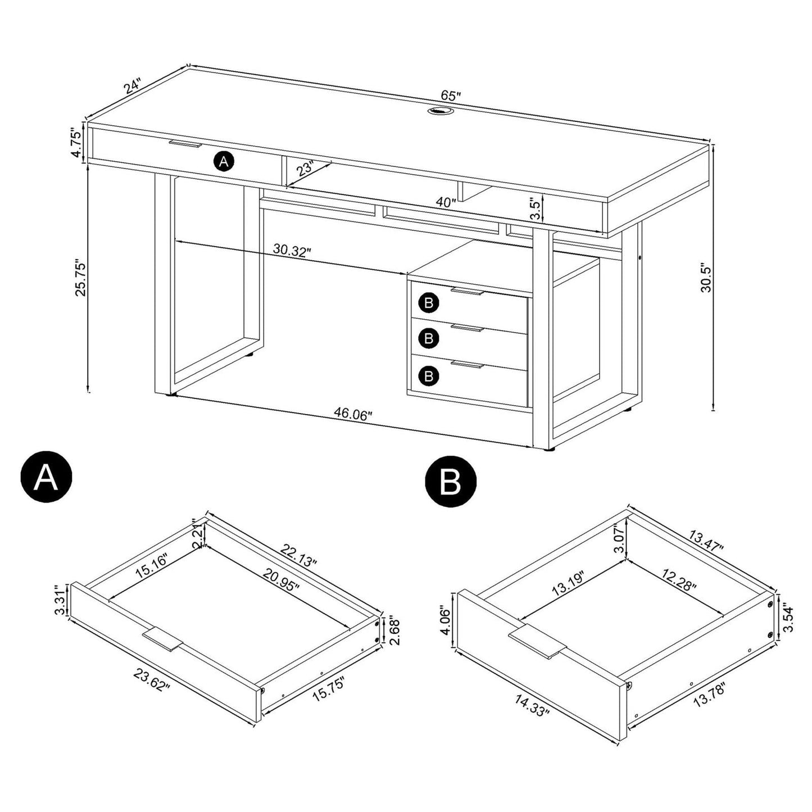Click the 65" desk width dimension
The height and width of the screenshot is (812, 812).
[450, 95]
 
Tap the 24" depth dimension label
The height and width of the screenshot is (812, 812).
[133, 86]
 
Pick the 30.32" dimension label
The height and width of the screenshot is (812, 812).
[292, 250]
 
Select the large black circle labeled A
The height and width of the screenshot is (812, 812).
[46, 479]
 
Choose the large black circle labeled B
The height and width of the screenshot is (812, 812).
[451, 482]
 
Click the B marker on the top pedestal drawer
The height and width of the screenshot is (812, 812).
[429, 303]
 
